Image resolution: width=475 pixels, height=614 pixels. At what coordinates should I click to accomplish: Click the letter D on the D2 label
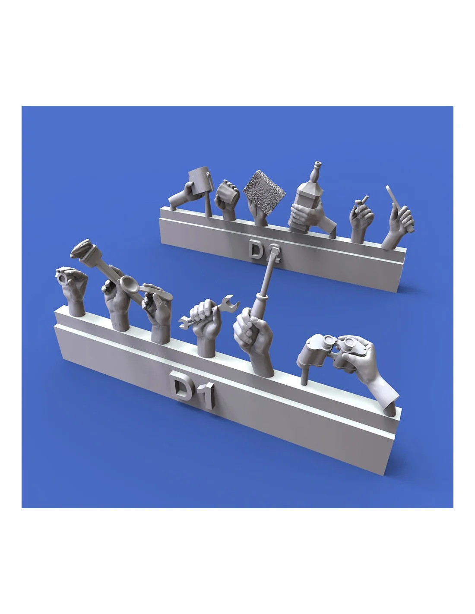255,249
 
